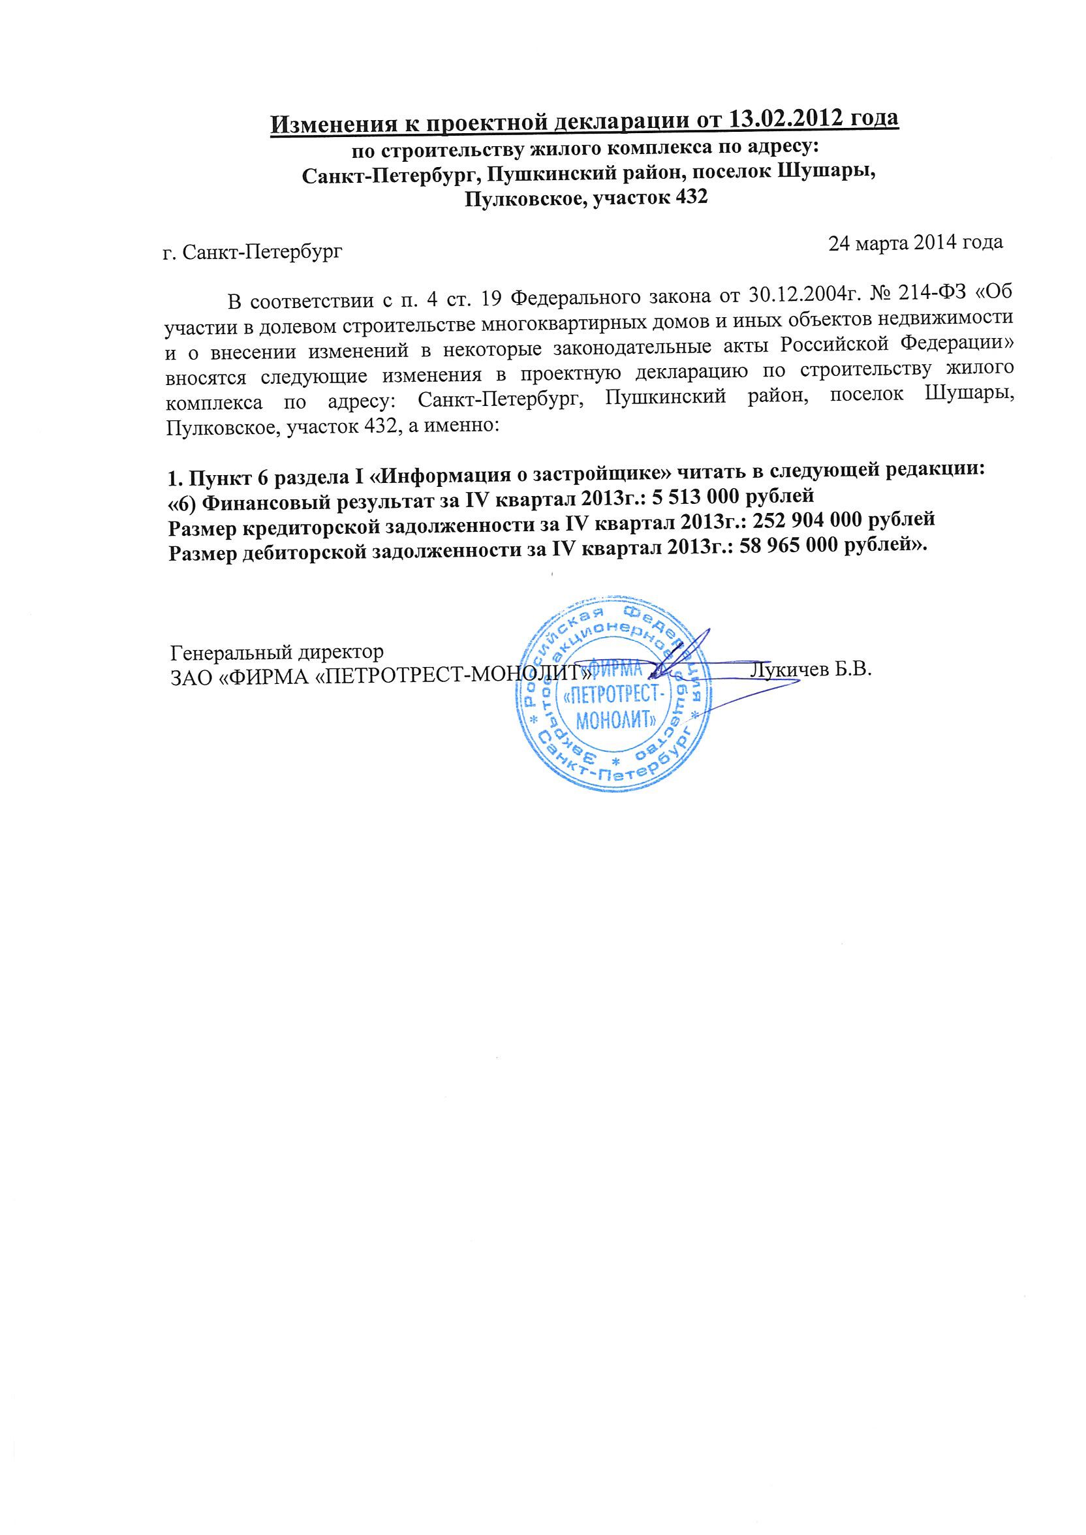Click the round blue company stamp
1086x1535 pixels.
(x=608, y=698)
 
